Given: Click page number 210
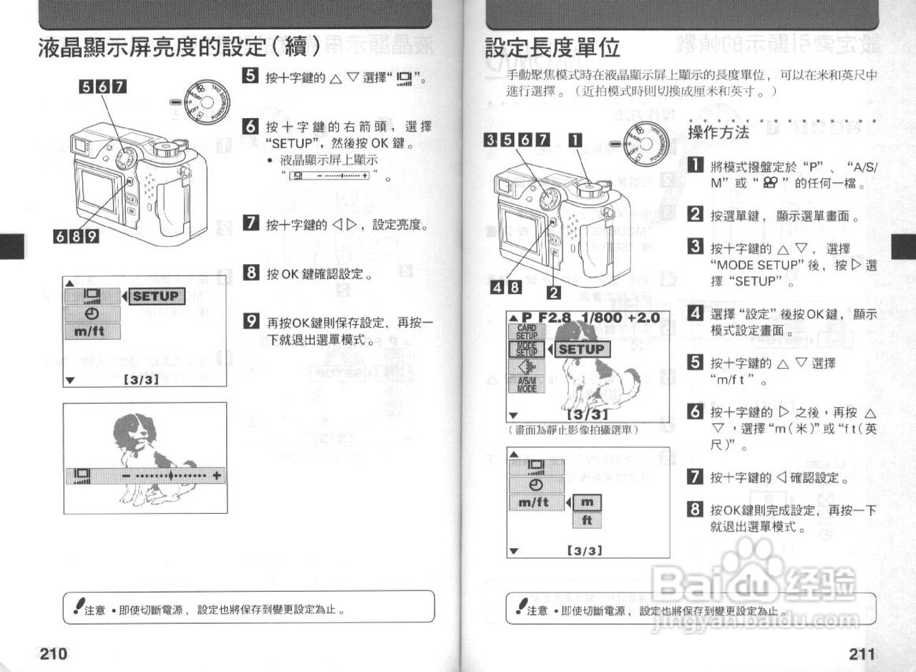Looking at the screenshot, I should tap(53, 653).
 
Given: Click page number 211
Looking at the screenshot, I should tap(862, 653).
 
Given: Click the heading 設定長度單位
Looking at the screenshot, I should tap(552, 48).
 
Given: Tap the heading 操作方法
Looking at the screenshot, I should tap(718, 132).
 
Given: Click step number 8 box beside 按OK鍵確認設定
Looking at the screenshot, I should tap(250, 273).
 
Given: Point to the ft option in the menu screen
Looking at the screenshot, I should tap(587, 520).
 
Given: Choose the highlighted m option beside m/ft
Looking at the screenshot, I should tap(587, 503).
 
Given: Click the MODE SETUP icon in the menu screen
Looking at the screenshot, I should tap(527, 349).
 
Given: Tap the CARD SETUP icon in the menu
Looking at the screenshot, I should tap(527, 332).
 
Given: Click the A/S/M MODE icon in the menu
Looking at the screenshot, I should tap(527, 385).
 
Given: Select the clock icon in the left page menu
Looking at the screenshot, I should tap(92, 313).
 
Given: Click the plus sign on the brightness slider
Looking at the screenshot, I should tap(216, 475).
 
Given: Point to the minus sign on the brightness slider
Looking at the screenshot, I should tap(126, 475).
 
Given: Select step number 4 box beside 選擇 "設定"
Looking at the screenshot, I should tap(694, 313).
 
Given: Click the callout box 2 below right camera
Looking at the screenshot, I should tap(553, 292).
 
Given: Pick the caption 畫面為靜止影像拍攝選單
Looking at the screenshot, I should tap(572, 430).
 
